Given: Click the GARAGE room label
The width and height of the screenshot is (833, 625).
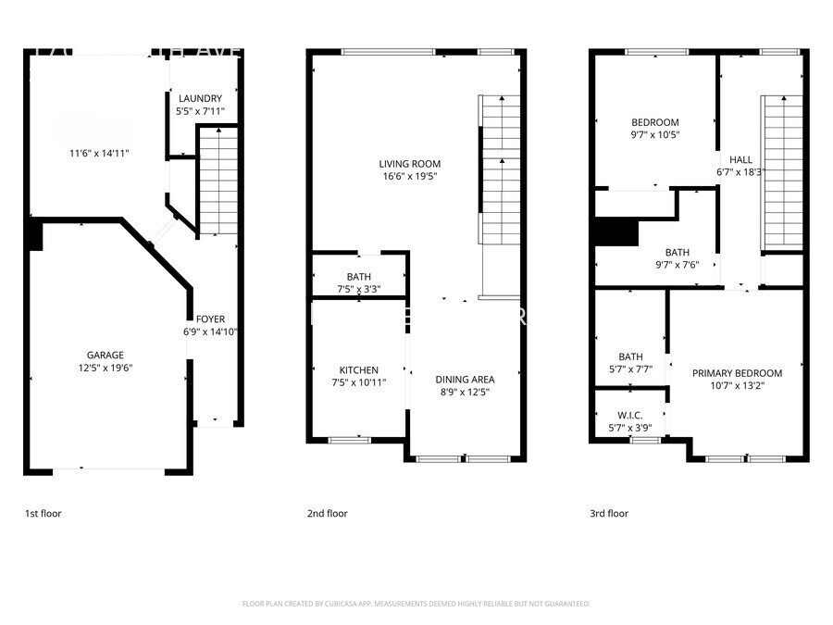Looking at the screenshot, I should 106,355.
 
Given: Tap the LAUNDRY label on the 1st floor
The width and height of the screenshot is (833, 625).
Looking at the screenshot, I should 200,99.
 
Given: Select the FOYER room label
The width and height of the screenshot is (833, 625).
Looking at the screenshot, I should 210,319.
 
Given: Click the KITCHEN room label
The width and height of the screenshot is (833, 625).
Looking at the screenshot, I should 358,370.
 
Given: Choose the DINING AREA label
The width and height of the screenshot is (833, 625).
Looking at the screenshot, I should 465,379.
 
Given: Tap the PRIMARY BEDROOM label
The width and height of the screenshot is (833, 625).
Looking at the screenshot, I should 737,373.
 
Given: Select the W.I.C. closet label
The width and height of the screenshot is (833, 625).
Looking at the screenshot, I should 630,416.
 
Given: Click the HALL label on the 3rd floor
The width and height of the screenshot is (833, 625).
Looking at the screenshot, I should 740,159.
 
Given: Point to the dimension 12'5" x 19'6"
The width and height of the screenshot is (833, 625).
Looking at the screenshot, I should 106,368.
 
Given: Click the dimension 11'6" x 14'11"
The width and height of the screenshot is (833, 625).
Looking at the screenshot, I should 99,154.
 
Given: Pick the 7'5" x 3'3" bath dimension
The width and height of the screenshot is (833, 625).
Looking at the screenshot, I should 358,290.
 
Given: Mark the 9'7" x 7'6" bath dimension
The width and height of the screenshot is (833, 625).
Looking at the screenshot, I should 677,264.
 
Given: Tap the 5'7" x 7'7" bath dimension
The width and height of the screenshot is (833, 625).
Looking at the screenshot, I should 630,369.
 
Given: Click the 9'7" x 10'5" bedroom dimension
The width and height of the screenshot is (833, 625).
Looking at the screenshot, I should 654,135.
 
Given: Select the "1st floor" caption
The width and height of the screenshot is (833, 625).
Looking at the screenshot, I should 43,513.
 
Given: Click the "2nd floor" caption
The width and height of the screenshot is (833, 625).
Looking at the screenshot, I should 327,513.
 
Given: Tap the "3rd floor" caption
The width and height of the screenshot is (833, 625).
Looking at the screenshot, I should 609,513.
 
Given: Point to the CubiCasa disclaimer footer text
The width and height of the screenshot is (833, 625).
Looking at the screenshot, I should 416,604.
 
